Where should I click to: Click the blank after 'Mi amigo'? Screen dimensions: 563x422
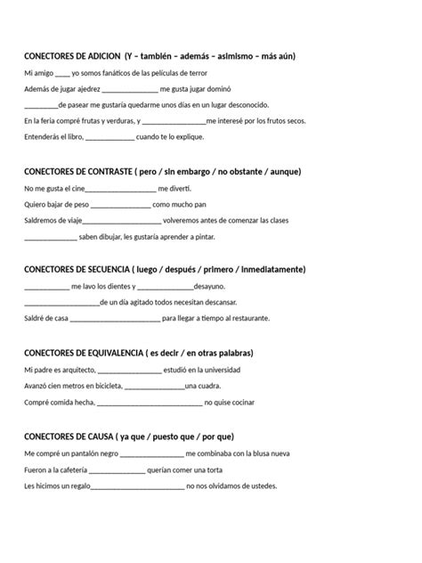point(61,72)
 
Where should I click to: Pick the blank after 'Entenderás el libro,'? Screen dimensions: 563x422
point(110,137)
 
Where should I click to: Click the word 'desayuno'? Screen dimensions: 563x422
point(209,286)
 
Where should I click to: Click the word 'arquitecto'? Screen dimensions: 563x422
point(77,369)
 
